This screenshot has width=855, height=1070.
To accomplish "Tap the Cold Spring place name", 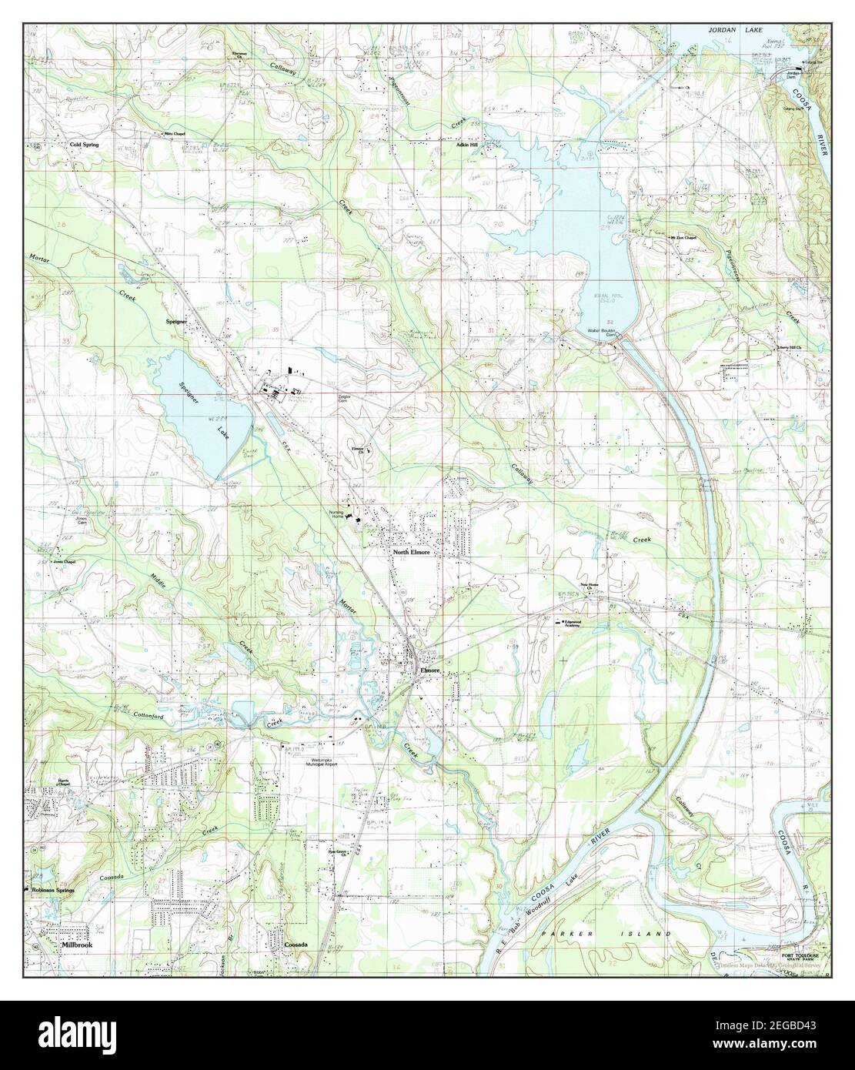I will (84, 144).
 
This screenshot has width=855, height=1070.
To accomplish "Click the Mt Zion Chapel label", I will (682, 237).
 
